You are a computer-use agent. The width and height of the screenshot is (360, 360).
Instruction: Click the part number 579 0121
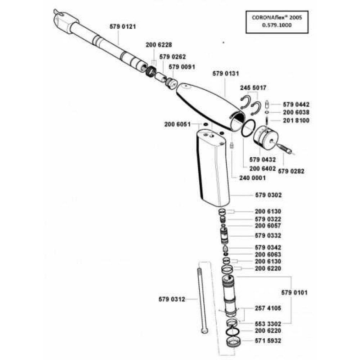[122, 26]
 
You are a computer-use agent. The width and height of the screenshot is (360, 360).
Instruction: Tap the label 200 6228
[159, 45]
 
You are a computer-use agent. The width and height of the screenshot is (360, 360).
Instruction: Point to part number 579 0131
[226, 73]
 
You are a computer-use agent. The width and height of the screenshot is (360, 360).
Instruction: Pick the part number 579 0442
[296, 104]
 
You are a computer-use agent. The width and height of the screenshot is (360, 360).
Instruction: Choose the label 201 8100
[296, 120]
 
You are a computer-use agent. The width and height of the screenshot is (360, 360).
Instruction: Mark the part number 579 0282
[291, 171]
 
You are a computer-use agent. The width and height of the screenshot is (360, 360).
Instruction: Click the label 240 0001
[253, 178]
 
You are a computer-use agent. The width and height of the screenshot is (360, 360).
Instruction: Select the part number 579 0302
[268, 195]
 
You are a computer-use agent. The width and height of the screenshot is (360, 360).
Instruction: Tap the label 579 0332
[268, 236]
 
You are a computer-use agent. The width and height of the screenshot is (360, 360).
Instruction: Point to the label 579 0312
[172, 299]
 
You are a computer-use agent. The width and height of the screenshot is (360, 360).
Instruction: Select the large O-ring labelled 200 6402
[248, 129]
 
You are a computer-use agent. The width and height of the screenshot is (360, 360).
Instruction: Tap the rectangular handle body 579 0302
[212, 169]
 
